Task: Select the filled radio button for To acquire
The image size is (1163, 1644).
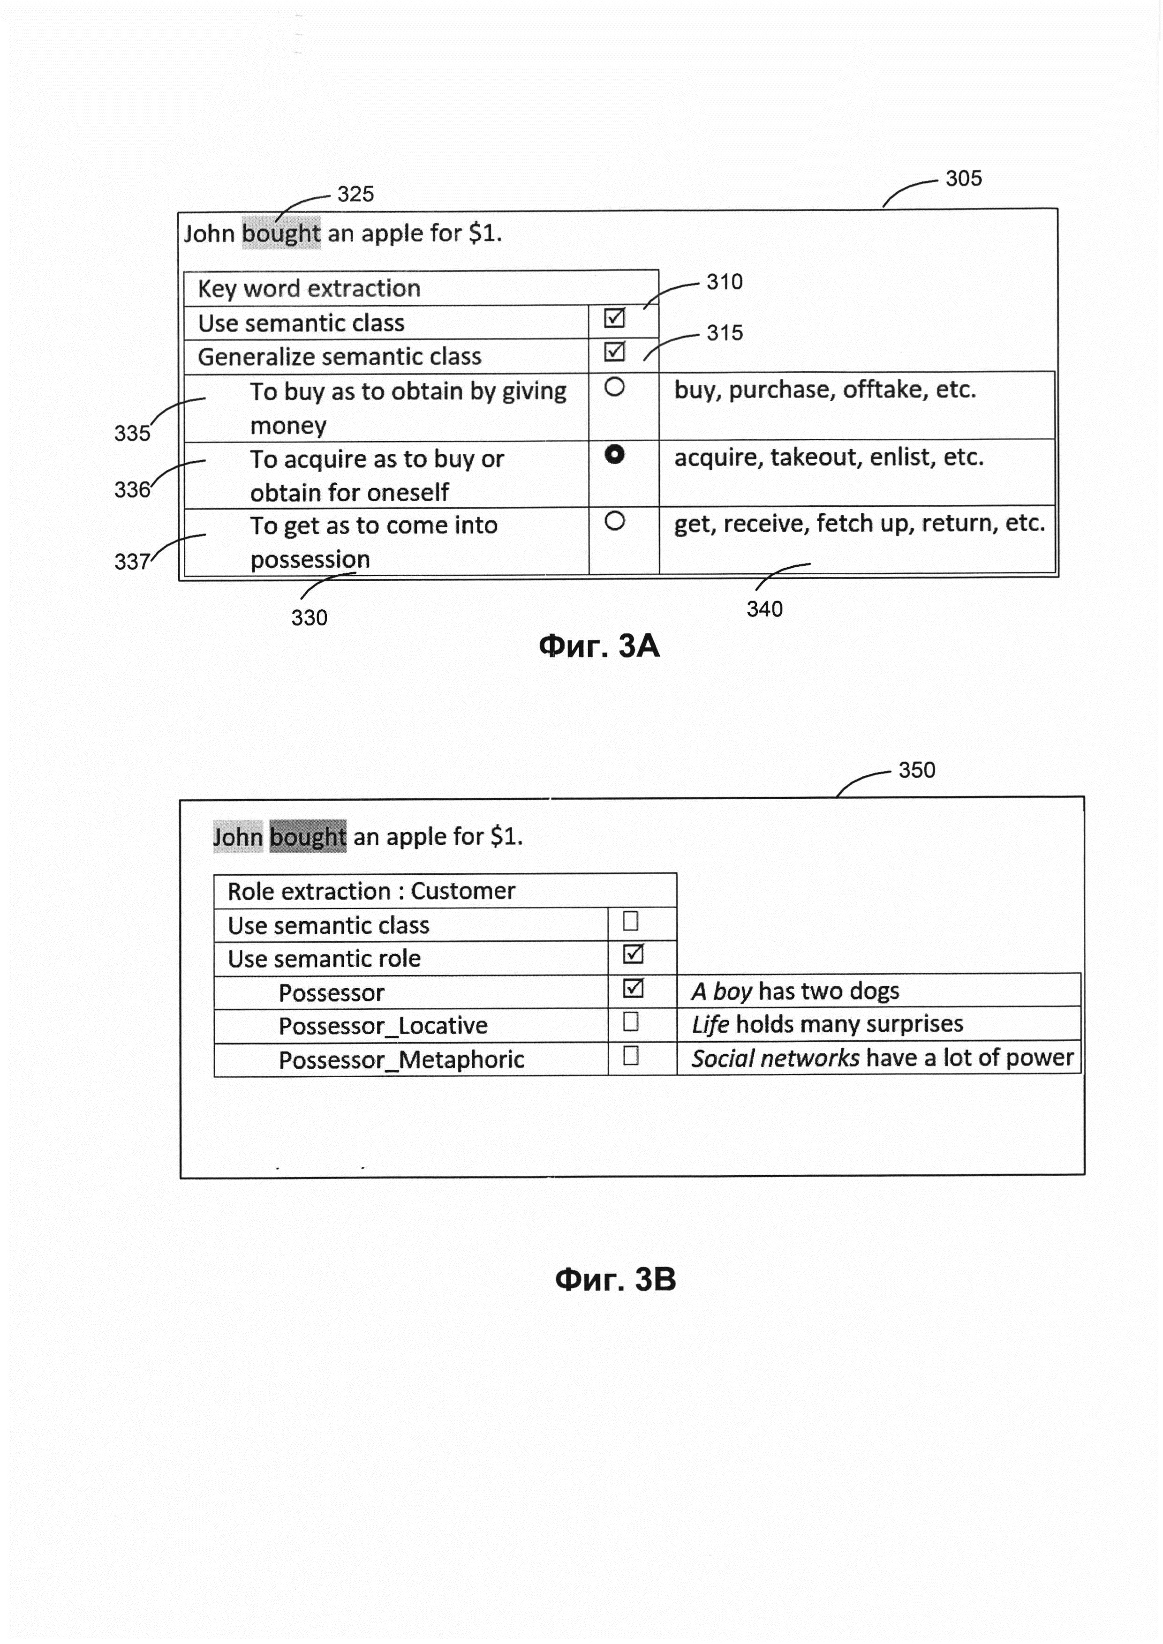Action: point(614,454)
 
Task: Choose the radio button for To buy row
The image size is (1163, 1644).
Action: point(614,387)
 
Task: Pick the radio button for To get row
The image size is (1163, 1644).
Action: point(614,520)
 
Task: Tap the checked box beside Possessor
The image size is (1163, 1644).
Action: point(633,988)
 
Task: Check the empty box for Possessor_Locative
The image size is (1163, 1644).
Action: point(631,1021)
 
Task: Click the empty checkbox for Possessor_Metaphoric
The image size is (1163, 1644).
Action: point(631,1055)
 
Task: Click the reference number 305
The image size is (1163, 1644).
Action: point(963,178)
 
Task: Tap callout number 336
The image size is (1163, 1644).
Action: point(133,490)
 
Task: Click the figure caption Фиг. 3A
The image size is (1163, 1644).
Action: point(599,646)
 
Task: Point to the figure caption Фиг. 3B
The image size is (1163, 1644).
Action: point(615,1279)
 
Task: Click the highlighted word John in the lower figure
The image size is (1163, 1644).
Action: point(238,836)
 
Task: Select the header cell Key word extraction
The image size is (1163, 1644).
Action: point(310,289)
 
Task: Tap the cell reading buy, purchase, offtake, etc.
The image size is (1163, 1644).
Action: point(825,390)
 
